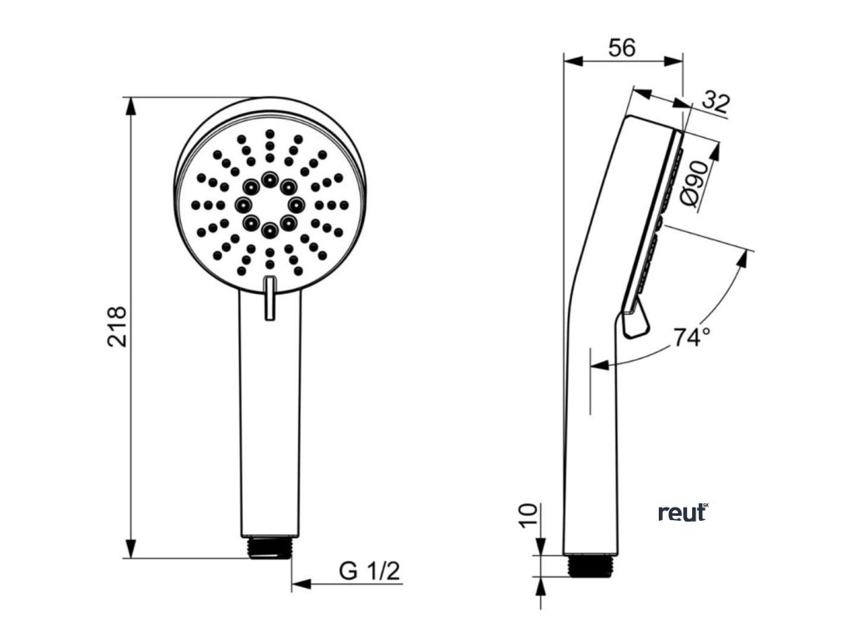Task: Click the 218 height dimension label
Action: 116,326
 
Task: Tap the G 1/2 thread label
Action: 370,573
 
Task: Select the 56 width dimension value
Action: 621,48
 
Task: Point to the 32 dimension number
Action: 716,103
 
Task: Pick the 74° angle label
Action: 692,338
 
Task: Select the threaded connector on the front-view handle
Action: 270,548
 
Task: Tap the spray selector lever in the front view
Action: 269,298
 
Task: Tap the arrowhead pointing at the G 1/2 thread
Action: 301,584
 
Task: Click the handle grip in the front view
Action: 269,417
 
